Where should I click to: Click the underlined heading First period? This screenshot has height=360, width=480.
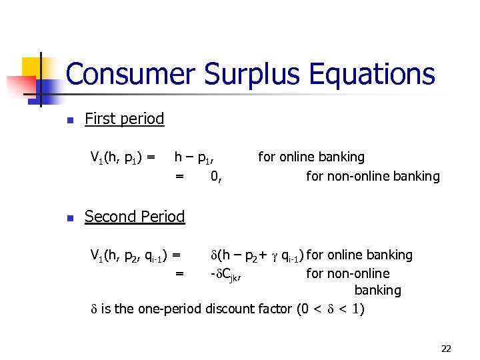(124, 119)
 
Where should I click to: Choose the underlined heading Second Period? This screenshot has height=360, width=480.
(135, 217)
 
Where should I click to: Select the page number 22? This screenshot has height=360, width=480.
(446, 348)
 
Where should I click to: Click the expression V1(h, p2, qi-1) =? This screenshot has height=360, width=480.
(136, 255)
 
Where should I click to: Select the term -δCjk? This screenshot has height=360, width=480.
(226, 273)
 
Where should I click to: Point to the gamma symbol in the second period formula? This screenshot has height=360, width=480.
(274, 256)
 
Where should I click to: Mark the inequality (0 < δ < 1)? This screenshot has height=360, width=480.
(331, 309)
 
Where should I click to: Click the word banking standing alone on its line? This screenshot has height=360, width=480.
(377, 291)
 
